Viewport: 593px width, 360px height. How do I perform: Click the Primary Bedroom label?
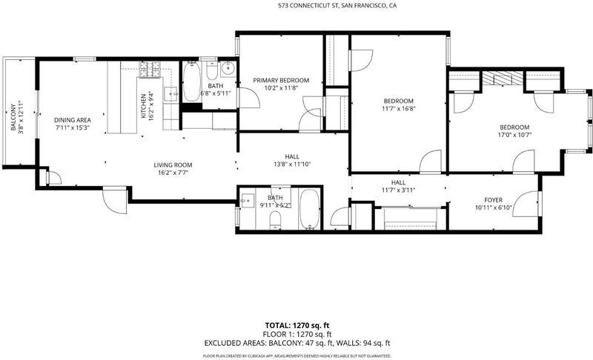pos(281,80)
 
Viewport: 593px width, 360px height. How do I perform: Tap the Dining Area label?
pos(72,120)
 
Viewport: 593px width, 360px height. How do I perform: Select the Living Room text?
pos(173,165)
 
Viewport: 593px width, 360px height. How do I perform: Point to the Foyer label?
pos(494,200)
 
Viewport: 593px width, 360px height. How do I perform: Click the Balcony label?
pos(13,117)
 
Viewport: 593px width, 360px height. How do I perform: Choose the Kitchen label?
pos(143,106)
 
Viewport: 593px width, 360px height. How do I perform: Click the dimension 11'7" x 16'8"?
pos(399,109)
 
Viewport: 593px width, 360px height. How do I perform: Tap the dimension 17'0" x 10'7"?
pos(514,135)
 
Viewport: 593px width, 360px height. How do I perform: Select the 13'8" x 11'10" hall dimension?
pos(292,164)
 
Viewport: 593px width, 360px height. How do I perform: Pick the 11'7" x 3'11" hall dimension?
pos(399,190)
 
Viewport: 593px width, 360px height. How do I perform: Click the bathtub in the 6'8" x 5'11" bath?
pos(192,81)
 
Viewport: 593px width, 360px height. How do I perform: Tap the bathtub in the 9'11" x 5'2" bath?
pos(310,210)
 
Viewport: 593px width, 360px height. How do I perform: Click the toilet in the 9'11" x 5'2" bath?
pos(275,220)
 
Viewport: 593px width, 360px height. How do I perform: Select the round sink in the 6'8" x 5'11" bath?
pos(228,68)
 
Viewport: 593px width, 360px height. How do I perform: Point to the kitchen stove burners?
pos(150,70)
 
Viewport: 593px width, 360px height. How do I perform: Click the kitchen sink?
pos(170,93)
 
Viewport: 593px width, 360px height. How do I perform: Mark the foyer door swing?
pos(526,204)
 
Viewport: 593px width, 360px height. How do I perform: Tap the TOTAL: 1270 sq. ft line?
pos(297,325)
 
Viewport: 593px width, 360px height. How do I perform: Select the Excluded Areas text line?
pos(297,343)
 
